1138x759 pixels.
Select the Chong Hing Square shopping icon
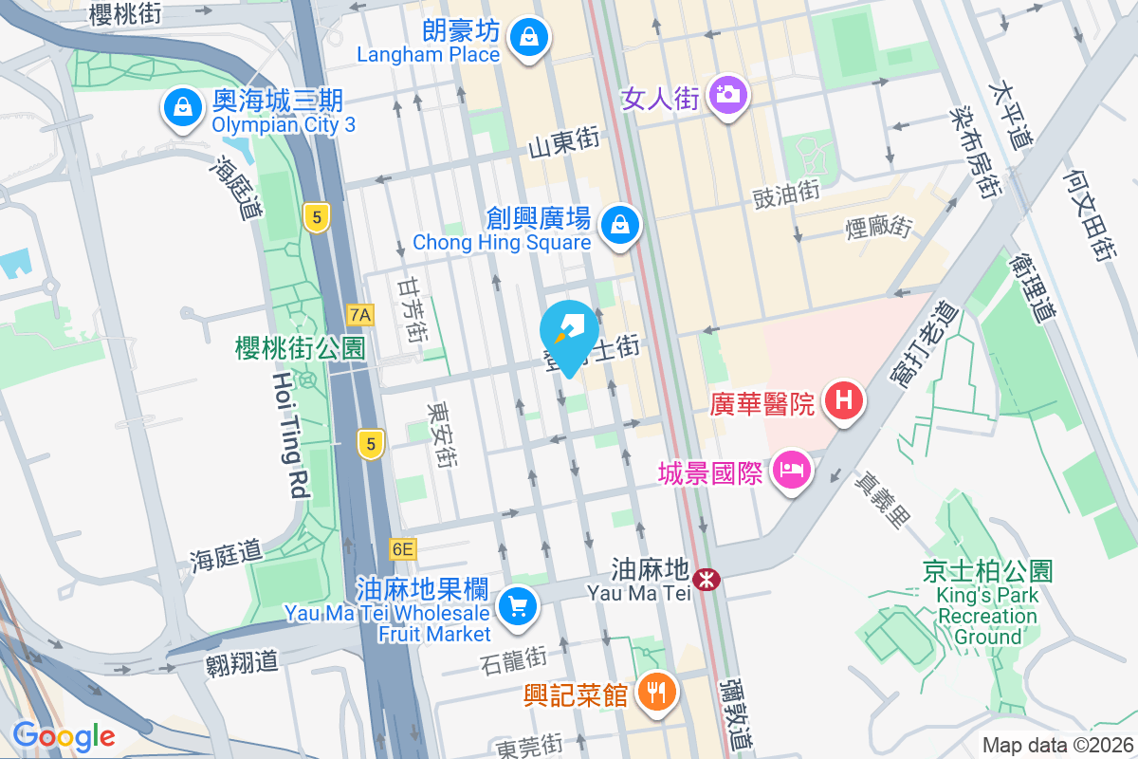619,225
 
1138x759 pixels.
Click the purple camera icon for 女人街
726,95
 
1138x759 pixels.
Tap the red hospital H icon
845,400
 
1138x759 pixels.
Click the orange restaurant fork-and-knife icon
656,692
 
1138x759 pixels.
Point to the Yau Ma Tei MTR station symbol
706,579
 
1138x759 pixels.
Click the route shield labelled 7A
360,314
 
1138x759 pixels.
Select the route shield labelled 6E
402,549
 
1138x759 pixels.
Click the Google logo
64,735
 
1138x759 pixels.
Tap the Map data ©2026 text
1055,745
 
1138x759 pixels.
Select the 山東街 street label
564,143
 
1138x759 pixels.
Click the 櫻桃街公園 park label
301,348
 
